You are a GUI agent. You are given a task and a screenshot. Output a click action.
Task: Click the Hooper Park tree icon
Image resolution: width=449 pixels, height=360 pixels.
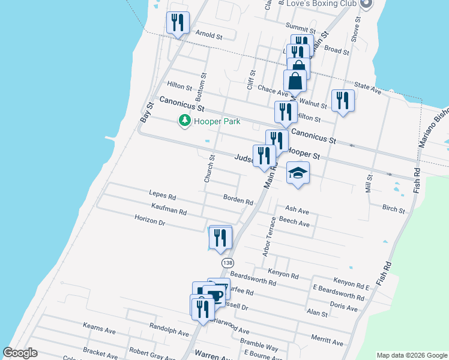coord(185,121)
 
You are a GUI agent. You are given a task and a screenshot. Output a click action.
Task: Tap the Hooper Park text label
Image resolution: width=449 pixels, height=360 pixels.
coord(217,121)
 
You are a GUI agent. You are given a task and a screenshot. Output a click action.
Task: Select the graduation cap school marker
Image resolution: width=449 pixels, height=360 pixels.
coord(298,173)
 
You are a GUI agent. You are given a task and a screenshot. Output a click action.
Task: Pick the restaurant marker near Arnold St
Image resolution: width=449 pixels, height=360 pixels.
coord(178,23)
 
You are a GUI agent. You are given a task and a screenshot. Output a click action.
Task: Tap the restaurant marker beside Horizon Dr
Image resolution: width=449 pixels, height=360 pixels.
coord(221,238)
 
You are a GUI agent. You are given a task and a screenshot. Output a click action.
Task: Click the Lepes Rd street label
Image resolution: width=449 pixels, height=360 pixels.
coord(163,195)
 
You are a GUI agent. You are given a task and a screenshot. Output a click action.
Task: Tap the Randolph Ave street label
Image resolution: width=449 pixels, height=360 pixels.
coord(170,332)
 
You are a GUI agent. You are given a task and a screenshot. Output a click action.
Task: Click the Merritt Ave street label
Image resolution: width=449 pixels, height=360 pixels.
coord(327,341)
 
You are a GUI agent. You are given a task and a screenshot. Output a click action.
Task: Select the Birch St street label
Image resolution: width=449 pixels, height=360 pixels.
coord(393,211)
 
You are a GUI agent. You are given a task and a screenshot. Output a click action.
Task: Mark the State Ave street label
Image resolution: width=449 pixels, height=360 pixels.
coord(368,89)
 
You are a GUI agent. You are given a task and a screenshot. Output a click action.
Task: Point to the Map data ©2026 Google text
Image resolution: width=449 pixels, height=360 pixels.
coord(411,355)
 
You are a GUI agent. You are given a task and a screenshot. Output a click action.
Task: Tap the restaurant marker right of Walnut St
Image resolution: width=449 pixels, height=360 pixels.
coord(343,100)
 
